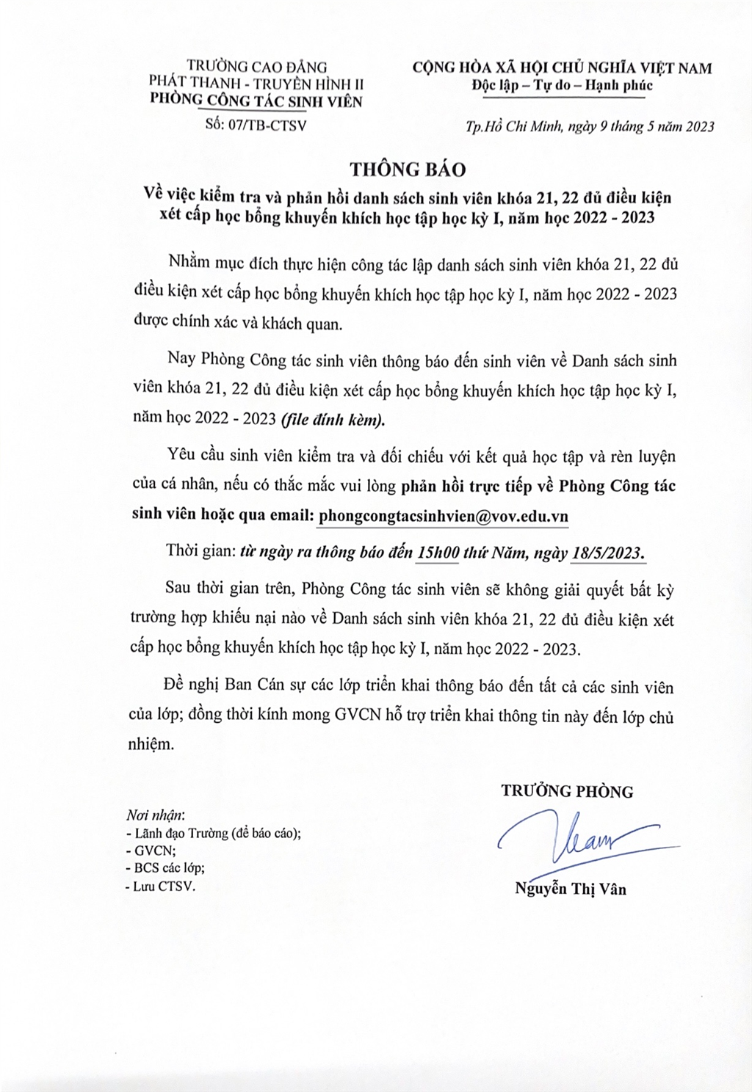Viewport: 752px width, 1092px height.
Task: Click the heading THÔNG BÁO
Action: [x=408, y=169]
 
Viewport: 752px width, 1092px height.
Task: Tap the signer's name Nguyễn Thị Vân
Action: [x=571, y=889]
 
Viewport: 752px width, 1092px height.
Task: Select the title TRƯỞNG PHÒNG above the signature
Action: [x=567, y=791]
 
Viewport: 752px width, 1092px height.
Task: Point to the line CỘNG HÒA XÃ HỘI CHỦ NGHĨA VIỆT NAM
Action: [x=562, y=68]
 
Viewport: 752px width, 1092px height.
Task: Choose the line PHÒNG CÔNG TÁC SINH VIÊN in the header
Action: [x=256, y=101]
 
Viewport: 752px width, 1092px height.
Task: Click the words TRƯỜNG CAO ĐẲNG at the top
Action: [x=257, y=68]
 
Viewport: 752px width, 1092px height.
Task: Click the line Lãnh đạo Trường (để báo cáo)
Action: [x=214, y=834]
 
